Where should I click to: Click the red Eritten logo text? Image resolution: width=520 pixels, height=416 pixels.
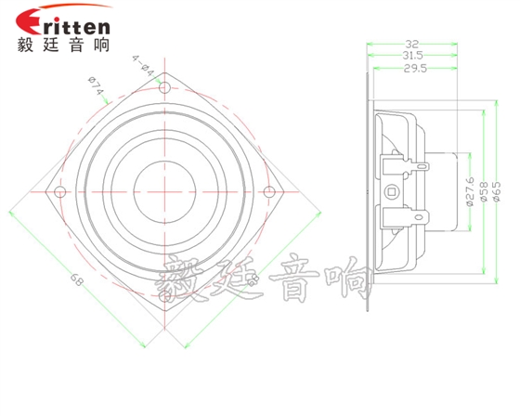[x=63, y=21]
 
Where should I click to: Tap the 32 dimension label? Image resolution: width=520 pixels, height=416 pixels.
[x=411, y=44]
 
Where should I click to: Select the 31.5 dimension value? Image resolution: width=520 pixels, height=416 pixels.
[x=412, y=55]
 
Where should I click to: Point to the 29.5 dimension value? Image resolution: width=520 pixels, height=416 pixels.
[x=415, y=69]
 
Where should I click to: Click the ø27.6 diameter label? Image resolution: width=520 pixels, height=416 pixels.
[x=470, y=191]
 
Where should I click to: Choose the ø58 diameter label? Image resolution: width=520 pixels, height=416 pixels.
[x=484, y=191]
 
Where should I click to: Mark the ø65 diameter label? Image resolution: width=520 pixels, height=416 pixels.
[x=497, y=191]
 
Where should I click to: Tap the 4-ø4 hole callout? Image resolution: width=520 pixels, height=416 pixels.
[x=144, y=66]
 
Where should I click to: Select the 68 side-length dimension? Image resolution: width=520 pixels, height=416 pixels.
[x=76, y=280]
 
